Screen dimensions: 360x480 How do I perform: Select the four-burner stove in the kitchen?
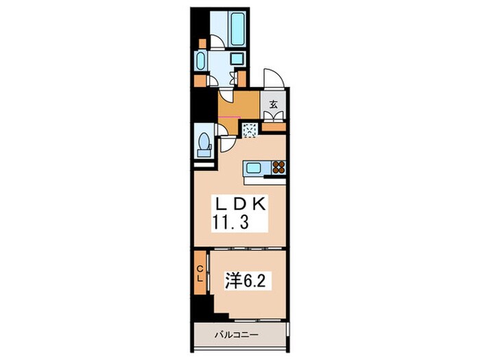coord(278,168)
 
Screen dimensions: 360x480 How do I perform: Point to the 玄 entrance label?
coord(274,105)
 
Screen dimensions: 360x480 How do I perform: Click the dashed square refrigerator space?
coord(249,128)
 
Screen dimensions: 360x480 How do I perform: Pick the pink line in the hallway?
coord(229,117)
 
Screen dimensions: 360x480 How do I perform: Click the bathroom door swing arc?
coord(217,43)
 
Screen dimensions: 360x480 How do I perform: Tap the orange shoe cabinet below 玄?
coord(274,126)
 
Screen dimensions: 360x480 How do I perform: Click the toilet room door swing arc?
coord(225,143)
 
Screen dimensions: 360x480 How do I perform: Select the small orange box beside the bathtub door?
coord(202,43)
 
